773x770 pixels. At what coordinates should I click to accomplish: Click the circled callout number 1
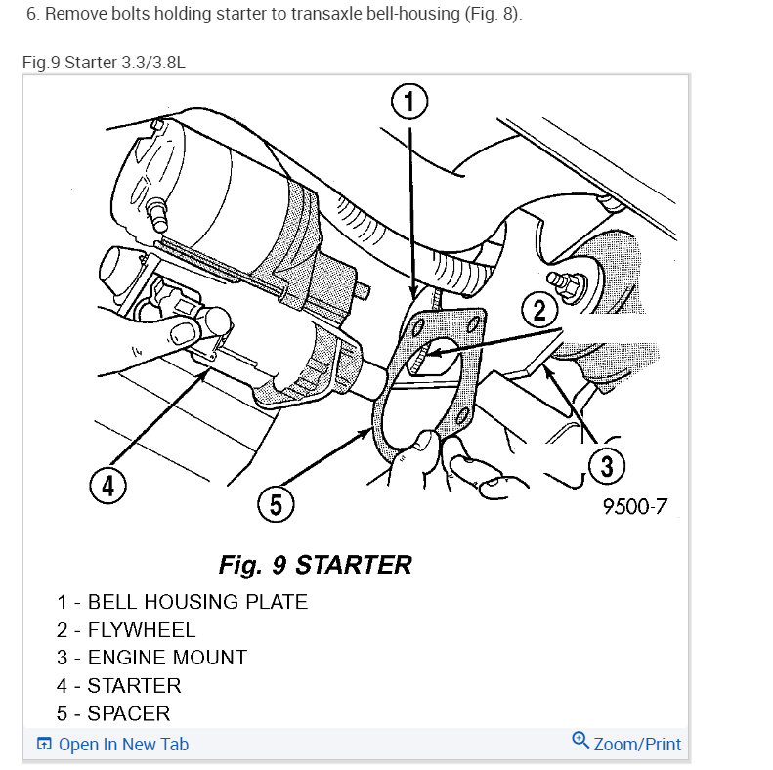click(x=409, y=102)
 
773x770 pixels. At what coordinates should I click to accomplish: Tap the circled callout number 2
click(x=539, y=310)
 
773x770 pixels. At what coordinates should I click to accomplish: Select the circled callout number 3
click(x=606, y=466)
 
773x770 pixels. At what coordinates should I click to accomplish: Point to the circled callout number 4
click(x=107, y=485)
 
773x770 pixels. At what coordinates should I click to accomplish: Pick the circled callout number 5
click(x=276, y=504)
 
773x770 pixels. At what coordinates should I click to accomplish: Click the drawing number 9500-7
click(x=635, y=506)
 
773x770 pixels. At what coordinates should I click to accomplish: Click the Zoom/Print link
click(x=637, y=744)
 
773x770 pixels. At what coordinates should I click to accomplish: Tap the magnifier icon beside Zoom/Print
click(x=580, y=740)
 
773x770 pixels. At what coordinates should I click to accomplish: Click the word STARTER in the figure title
click(x=353, y=565)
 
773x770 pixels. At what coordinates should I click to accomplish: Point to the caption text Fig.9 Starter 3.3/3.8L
click(x=104, y=63)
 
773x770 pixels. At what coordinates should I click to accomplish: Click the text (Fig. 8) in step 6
click(x=493, y=14)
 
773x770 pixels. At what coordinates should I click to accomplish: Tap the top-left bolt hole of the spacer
click(x=418, y=327)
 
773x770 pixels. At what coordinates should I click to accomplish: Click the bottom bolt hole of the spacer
click(x=463, y=415)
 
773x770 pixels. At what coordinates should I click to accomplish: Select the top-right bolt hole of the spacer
click(x=473, y=323)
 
